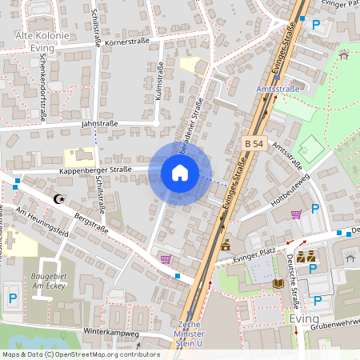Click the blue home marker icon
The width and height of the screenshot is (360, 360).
[x=180, y=173]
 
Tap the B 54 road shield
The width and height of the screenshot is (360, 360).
[x=254, y=143]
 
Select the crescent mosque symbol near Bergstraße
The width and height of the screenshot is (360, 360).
[x=56, y=198]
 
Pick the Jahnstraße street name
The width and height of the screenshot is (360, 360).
[x=99, y=124]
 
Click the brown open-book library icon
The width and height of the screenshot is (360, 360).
[x=278, y=283]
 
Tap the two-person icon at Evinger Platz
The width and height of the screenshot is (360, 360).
[x=304, y=257]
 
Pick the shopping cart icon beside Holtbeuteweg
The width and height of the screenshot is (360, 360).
[x=296, y=214]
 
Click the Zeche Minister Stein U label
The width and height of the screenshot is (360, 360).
[x=190, y=334]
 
